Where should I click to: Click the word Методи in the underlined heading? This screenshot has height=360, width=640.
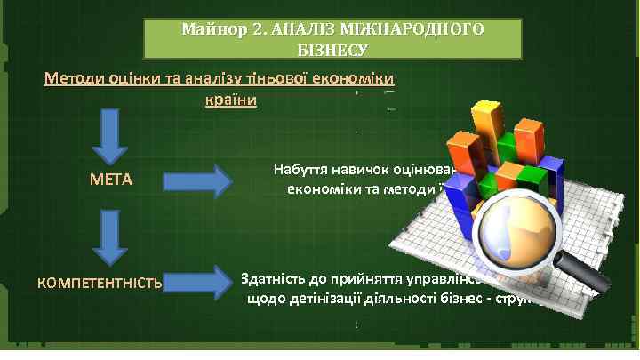coord(74,79)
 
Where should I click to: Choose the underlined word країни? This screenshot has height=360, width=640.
coord(230,99)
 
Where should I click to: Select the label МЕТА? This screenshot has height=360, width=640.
coord(111,180)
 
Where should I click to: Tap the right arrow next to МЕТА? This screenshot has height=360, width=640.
coord(196,180)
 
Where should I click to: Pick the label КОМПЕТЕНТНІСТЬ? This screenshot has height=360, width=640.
coord(99,284)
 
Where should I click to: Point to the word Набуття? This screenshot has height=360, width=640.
coord(300,171)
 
